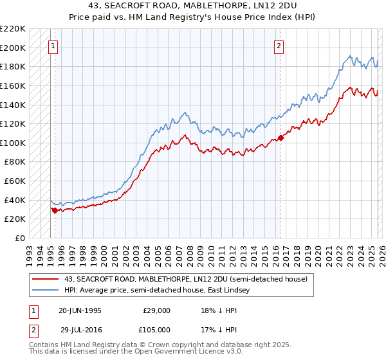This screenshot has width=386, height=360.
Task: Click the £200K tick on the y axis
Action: (12, 48)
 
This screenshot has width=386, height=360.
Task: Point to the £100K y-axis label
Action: (12, 143)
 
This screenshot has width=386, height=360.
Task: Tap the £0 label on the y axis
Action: (19, 238)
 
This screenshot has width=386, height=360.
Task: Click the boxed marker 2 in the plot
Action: (279, 46)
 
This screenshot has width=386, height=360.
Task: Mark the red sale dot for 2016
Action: (280, 138)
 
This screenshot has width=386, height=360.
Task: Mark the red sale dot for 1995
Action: (55, 210)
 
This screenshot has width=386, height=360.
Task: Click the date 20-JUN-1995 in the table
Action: (79, 310)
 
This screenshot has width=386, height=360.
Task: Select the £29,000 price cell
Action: (157, 310)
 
